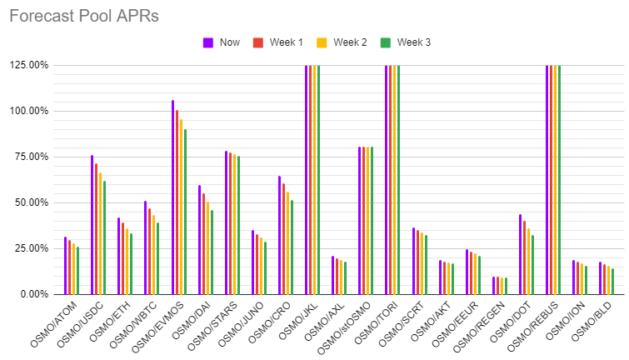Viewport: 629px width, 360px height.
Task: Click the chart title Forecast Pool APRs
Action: click(84, 16)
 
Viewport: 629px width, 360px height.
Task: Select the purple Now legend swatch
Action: click(207, 42)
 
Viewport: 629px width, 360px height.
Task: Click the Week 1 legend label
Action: click(286, 42)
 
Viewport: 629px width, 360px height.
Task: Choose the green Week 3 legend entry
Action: click(406, 42)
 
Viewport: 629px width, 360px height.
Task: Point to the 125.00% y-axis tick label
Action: click(28, 65)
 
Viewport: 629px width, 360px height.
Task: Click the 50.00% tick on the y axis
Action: click(31, 202)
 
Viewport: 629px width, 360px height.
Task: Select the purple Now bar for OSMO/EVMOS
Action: click(173, 197)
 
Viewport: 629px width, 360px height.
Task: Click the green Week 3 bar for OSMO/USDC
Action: click(104, 237)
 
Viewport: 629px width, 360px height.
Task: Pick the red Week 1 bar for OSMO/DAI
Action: click(203, 244)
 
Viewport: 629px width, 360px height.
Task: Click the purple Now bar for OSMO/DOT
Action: click(521, 254)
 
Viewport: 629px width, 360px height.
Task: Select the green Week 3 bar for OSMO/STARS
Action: click(238, 225)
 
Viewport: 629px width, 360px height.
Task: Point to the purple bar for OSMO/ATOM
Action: click(65, 266)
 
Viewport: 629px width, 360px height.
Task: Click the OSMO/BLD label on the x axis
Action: click(592, 322)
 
